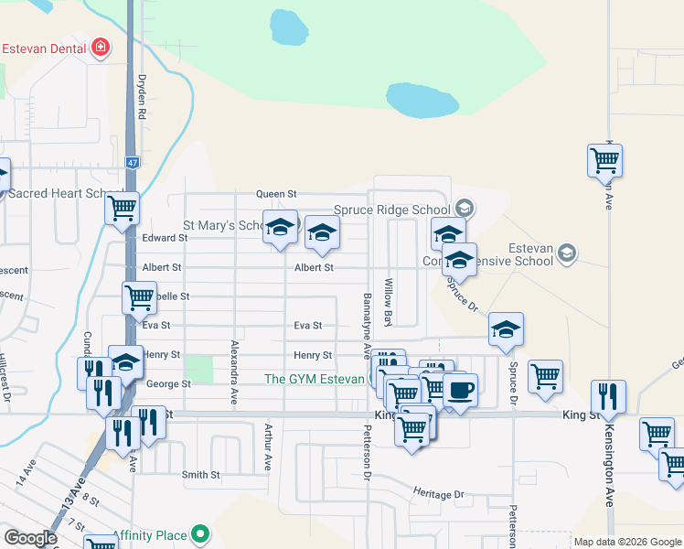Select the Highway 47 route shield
133,162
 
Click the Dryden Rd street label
143,98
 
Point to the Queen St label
277,194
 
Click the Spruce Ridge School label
393,210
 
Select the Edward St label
166,238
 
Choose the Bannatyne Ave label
367,326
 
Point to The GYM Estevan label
314,379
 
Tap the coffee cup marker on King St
460,390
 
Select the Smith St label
201,475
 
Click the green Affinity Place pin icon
200,535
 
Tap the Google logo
30,538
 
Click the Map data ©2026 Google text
626,542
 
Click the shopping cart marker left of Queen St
123,208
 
